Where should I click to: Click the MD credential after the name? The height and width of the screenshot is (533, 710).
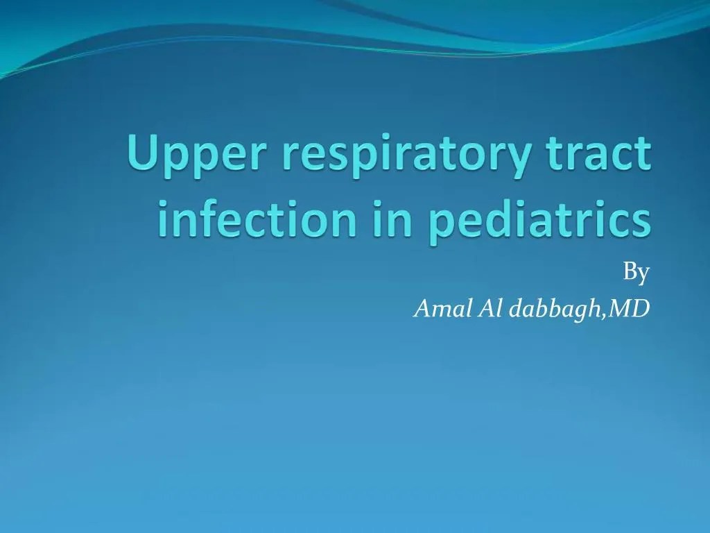(x=630, y=309)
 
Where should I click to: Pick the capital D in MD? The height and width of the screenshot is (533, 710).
(x=641, y=309)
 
